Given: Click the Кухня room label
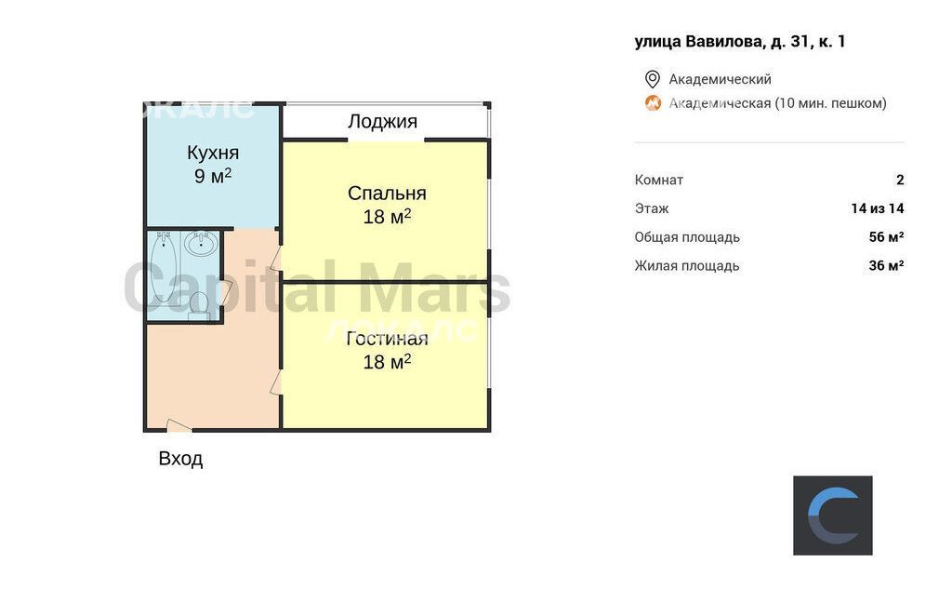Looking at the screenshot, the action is coord(213,152).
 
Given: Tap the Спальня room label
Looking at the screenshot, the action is coord(387,193).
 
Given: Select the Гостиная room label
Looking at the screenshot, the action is coord(387,338).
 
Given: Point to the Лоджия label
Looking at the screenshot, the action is coord(382,122).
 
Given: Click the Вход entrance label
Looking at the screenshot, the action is coord(180,459).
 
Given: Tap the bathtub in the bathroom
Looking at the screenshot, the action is coord(164,267).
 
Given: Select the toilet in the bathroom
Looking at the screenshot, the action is coord(199,305).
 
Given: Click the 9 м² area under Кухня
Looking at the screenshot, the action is coord(213,176).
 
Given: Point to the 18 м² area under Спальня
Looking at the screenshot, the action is coord(387,216).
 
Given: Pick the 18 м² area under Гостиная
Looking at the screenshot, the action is coord(387,362).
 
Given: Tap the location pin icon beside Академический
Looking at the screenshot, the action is coord(652,79).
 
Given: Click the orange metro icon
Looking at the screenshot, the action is coord(653,102).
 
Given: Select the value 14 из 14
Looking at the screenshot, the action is coord(878,208).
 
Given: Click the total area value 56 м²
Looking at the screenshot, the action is coord(886,237).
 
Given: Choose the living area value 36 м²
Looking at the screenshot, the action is coord(886,265).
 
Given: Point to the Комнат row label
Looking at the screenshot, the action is coord(659,180).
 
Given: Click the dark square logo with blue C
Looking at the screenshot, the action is coord(832,516).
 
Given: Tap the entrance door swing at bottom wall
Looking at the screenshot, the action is coord(178,425).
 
